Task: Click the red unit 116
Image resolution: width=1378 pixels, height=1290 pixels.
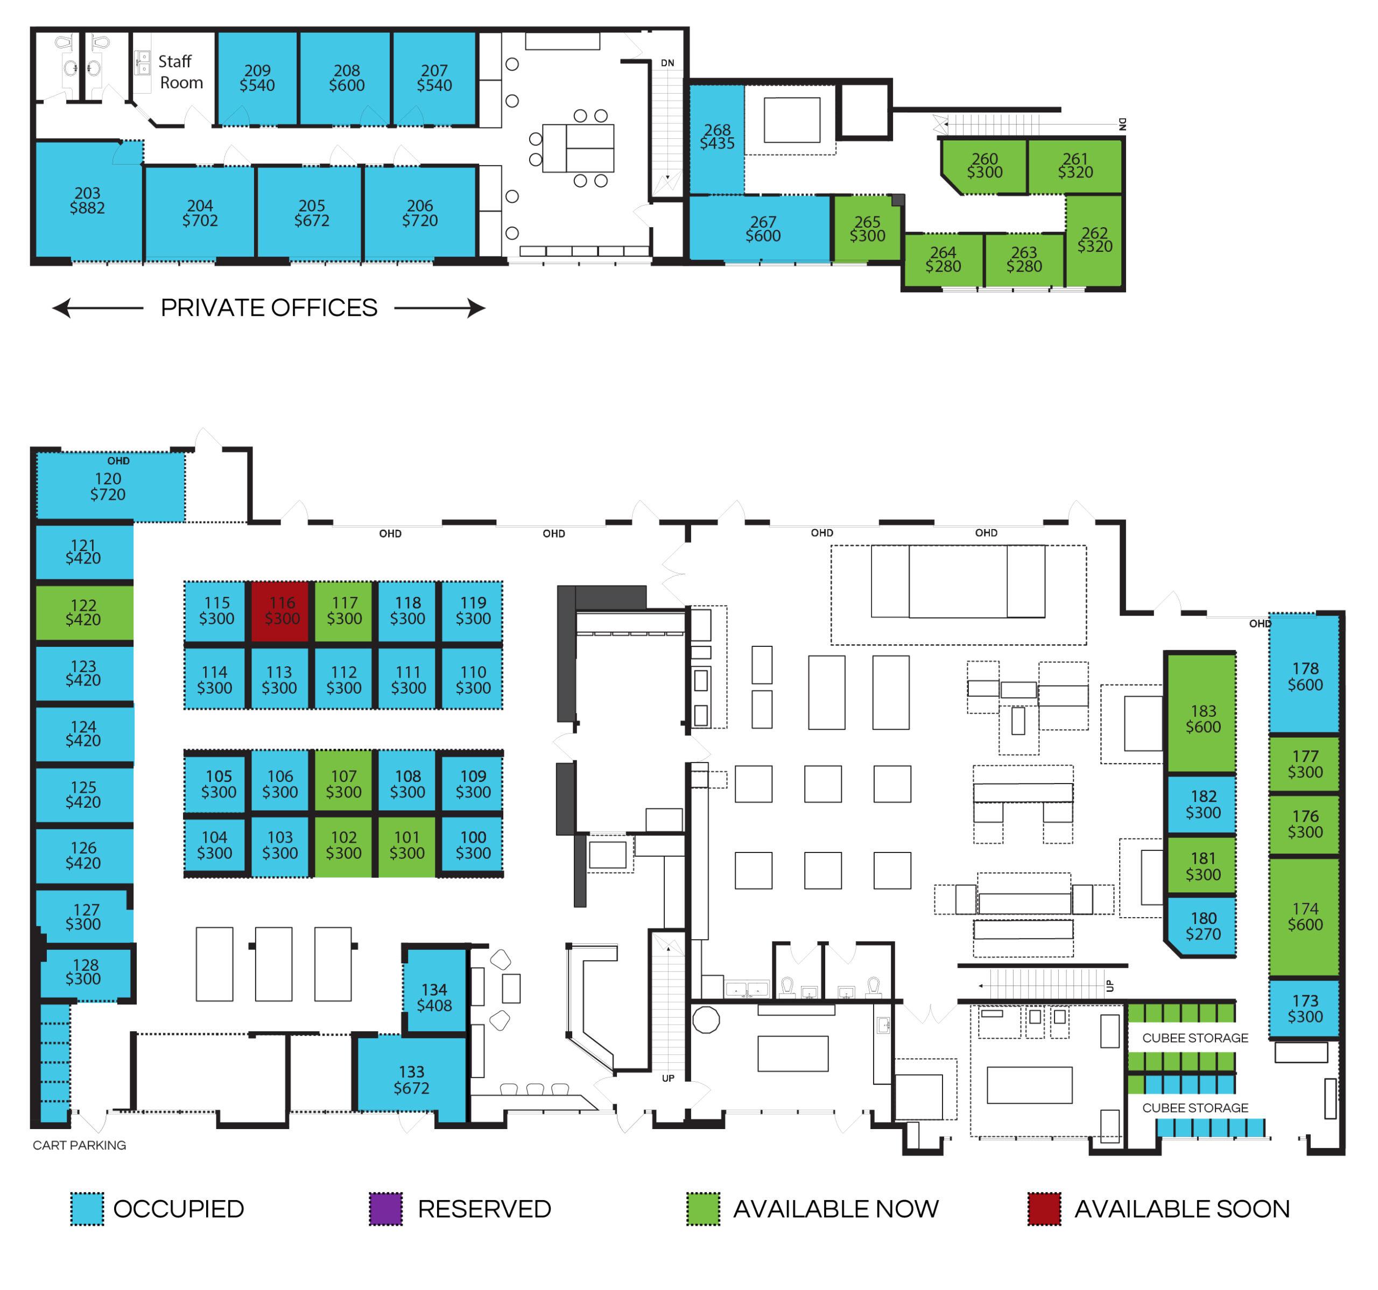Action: pos(282,611)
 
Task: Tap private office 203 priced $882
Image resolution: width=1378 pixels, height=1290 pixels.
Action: pos(88,200)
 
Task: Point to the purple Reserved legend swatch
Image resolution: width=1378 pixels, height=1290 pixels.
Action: pos(385,1209)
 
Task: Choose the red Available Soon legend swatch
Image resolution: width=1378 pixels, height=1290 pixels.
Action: pos(1044,1209)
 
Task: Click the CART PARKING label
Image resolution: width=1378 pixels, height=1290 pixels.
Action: pos(79,1145)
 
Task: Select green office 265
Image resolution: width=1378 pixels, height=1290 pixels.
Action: pos(867,229)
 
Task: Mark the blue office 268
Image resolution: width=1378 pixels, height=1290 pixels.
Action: pos(717,139)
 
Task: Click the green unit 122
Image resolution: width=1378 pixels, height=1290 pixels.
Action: pos(85,613)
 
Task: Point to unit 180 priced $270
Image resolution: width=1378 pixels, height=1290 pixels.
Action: pos(1203,926)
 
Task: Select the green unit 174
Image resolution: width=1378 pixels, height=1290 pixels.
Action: pos(1305,917)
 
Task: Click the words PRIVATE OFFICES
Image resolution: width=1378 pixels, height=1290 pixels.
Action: pos(269,308)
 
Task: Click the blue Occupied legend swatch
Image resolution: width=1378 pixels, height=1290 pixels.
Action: pos(87,1209)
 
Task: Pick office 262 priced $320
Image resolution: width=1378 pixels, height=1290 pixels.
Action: pos(1094,241)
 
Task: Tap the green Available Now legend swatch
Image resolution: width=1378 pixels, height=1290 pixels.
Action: pos(703,1209)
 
